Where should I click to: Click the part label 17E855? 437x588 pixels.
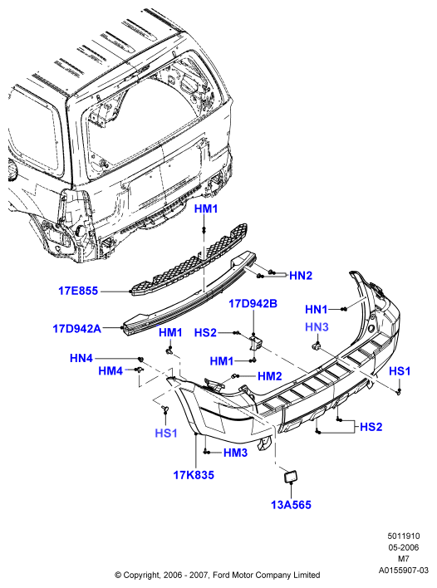click(78, 291)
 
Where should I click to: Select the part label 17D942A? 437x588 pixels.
click(77, 329)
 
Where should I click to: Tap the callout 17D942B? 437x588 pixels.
click(253, 304)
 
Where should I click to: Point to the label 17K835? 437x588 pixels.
click(194, 475)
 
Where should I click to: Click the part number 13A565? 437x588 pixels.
click(291, 505)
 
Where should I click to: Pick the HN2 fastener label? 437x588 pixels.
click(301, 276)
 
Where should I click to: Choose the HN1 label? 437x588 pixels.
click(317, 310)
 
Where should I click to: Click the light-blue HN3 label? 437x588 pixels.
click(317, 327)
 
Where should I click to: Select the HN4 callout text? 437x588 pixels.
click(81, 358)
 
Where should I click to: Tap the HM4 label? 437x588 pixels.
click(110, 371)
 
